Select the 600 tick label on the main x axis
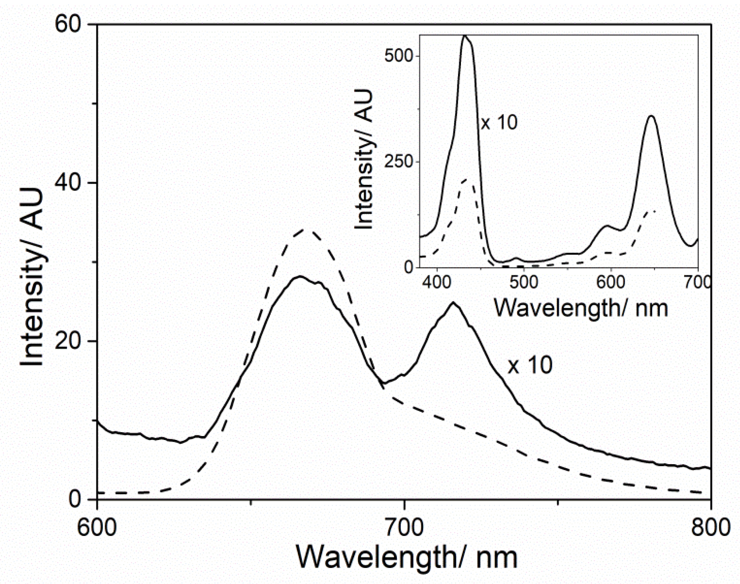97,527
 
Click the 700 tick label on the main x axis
404,527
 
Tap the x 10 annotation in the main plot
530,365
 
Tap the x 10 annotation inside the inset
499,123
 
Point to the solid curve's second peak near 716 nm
453,303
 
